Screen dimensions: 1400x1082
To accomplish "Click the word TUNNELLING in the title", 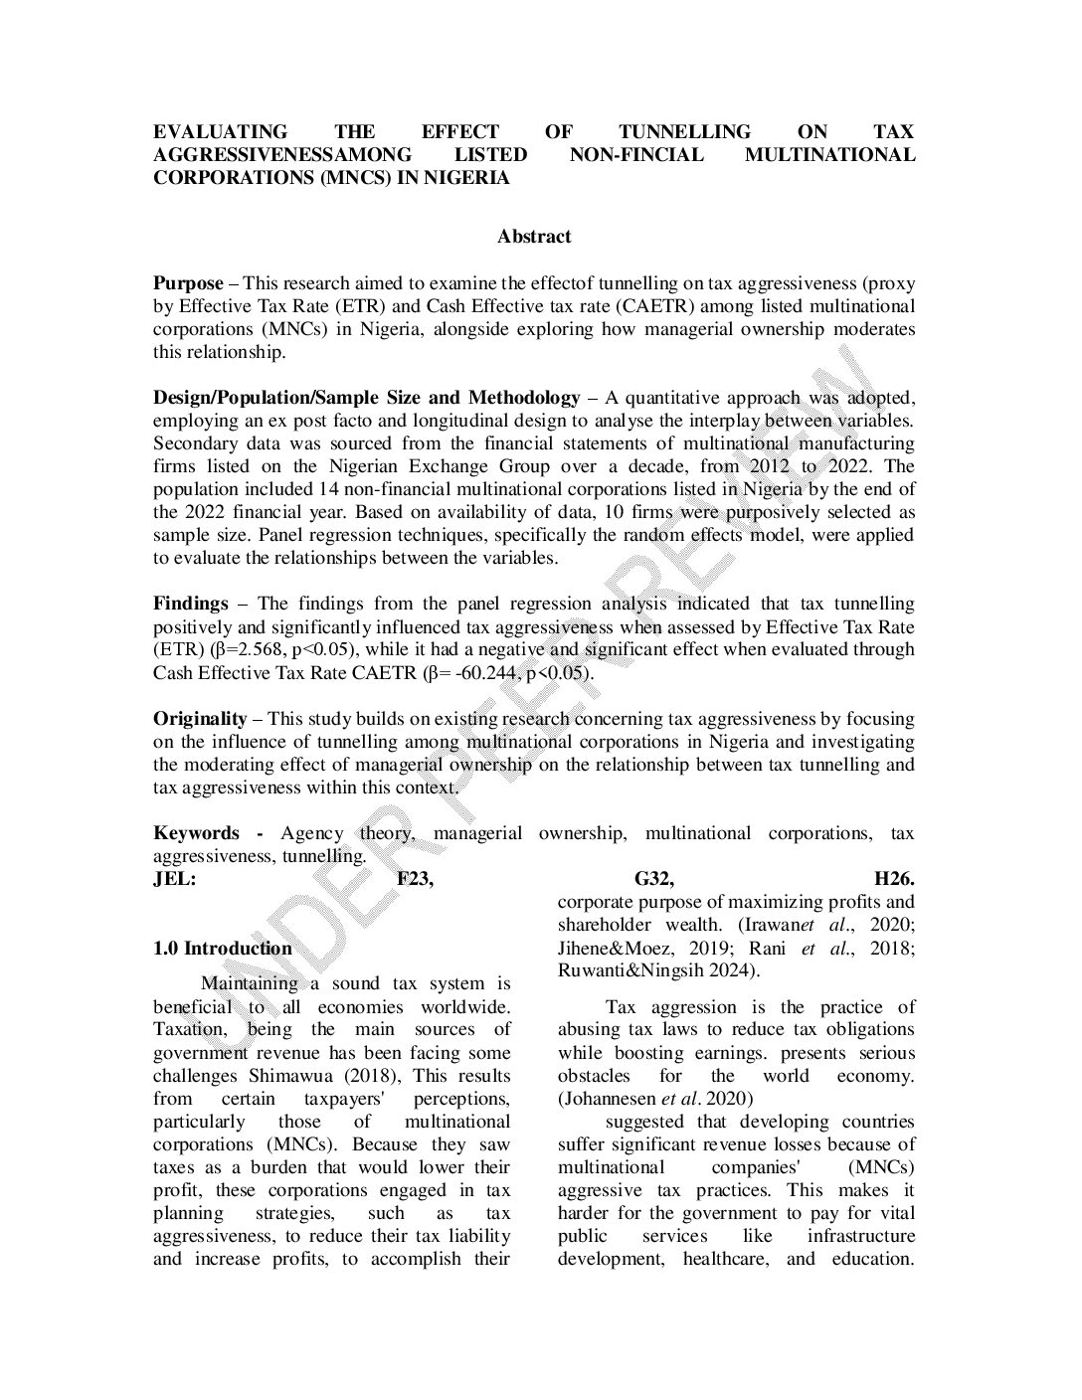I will click(684, 132).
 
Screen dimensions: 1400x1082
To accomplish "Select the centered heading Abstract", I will click(534, 237).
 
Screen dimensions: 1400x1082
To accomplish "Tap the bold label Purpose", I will click(188, 283).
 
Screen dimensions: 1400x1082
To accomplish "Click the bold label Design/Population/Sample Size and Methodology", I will click(366, 398).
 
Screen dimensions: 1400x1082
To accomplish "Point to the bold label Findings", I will click(191, 604).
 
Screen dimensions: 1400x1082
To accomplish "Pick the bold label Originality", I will click(200, 719).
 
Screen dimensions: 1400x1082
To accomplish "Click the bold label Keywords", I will click(196, 833).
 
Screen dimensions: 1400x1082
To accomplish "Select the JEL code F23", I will click(415, 879).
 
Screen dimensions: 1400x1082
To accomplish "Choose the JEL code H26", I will click(894, 879).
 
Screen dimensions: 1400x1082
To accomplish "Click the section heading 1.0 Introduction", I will click(223, 949).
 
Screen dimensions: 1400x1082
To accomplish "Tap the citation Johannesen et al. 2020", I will click(655, 1099).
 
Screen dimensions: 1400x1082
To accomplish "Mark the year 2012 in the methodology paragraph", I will click(765, 466).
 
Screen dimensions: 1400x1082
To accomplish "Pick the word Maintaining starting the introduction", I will click(249, 983).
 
